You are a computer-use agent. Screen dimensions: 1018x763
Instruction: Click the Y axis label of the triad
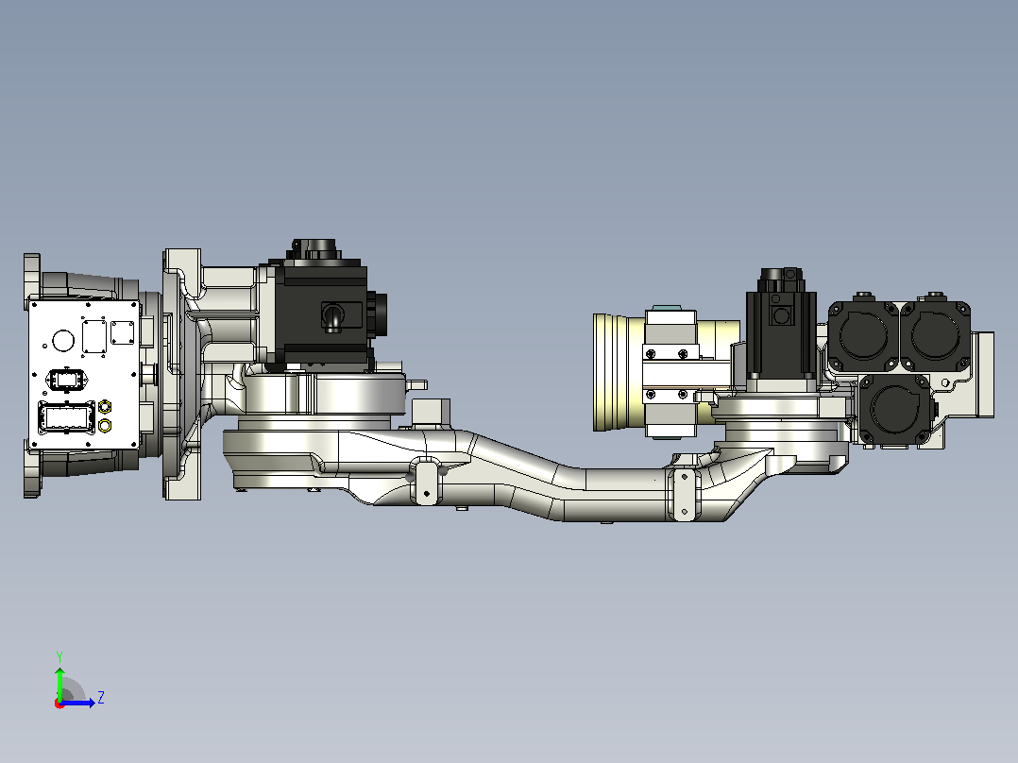tap(59, 656)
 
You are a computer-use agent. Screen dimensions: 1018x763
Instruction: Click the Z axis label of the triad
tap(101, 698)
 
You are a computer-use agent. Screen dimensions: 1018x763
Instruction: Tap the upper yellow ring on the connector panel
tap(105, 407)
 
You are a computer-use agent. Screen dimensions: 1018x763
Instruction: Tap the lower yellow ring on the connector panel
tap(105, 426)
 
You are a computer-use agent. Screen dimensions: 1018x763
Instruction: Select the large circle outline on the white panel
tap(63, 340)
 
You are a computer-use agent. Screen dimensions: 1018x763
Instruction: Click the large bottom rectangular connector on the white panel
tap(67, 417)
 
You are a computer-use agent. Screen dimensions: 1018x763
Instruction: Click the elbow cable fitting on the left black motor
tap(332, 318)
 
